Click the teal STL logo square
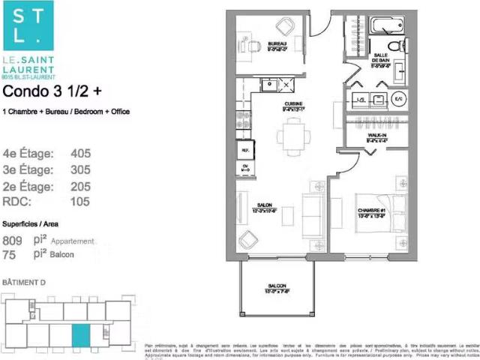[27, 25]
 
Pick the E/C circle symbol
[398, 99]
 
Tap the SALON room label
[263, 206]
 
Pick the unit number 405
[79, 154]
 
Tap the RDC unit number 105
[79, 201]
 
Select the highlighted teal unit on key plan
[79, 334]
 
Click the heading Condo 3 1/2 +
[47, 92]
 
